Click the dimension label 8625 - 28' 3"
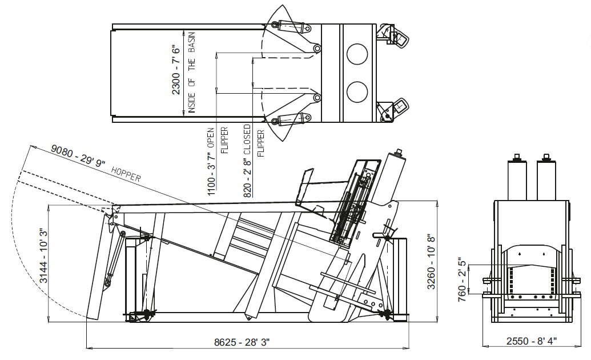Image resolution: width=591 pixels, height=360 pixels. click(x=242, y=342)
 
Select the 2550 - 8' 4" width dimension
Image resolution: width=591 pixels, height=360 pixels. click(x=532, y=341)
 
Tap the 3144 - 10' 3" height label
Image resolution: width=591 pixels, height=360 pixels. click(x=44, y=255)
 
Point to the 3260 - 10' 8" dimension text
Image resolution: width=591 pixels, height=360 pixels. click(x=431, y=262)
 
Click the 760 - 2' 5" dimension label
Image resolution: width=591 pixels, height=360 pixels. click(x=462, y=281)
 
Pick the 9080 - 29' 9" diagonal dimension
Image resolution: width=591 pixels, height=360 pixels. click(x=78, y=155)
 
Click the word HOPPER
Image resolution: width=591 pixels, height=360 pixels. click(x=126, y=174)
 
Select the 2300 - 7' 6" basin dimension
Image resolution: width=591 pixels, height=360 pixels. click(x=176, y=69)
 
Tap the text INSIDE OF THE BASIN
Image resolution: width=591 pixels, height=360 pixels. click(x=191, y=73)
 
